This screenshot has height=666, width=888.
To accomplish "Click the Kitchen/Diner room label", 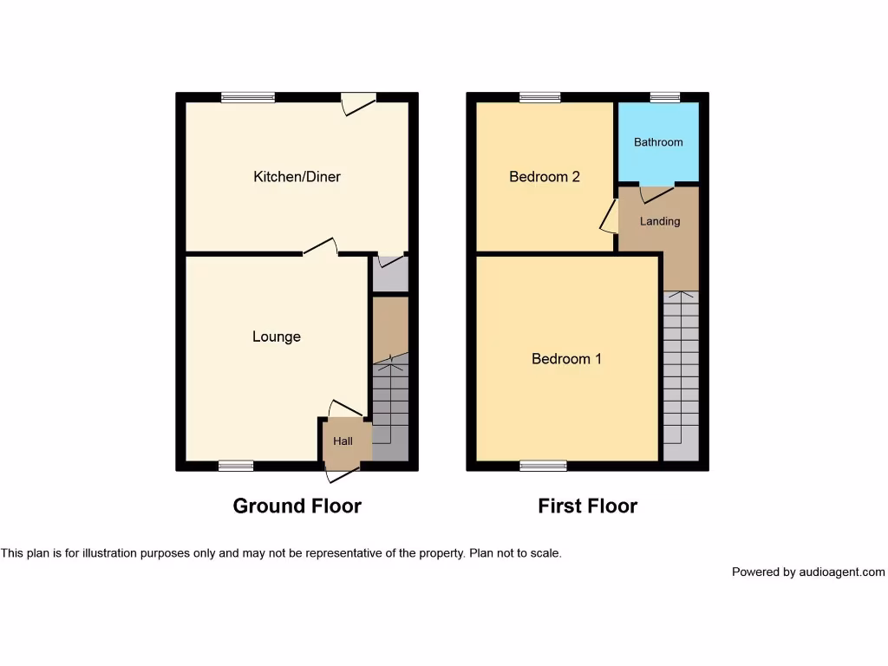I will [297, 177].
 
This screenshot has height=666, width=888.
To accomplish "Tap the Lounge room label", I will [277, 336].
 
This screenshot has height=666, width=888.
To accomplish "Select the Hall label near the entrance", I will [343, 441].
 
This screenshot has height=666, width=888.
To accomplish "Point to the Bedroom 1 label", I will [566, 358].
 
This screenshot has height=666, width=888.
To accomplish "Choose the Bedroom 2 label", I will [545, 177].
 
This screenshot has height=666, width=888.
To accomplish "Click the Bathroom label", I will [658, 142].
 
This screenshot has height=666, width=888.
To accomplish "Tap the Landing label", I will [660, 221].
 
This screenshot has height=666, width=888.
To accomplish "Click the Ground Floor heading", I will [297, 506].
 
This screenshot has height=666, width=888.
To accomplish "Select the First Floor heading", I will [587, 506].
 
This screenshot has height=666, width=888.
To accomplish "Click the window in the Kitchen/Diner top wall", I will [247, 97].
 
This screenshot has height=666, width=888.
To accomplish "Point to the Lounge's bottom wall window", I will [236, 466].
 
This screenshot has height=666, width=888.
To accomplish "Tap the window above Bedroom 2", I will [540, 97].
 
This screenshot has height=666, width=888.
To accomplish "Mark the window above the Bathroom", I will [665, 97].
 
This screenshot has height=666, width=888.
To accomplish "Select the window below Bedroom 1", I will [544, 466].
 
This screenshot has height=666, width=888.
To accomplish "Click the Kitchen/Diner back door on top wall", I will [357, 102].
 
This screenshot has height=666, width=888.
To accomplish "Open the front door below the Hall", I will [342, 473].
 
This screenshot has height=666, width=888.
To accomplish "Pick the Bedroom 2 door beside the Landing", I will [610, 218].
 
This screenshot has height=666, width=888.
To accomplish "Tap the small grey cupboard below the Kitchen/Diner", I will [389, 274].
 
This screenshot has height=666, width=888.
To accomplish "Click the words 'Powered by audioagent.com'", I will [808, 572].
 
